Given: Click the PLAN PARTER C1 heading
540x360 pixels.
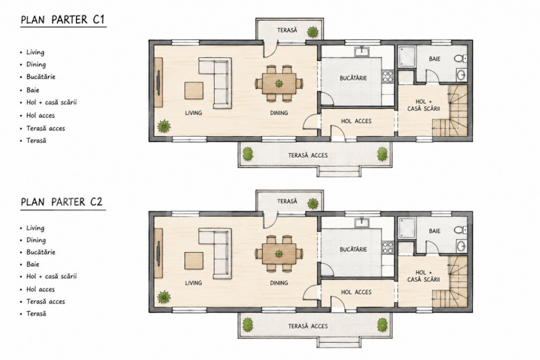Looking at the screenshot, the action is pos(63,20).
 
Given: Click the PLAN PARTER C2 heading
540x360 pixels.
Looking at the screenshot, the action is pos(62,202).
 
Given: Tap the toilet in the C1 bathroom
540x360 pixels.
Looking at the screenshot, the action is pos(460,59).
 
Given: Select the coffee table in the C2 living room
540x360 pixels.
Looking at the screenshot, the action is pos(194,261).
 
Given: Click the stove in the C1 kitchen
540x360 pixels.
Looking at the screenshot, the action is pos(388,76).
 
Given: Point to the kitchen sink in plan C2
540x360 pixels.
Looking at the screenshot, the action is pos(362,222).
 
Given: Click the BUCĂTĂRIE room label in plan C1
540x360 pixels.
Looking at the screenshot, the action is pos(353,78).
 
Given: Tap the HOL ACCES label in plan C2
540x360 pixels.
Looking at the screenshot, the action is pos(356,292).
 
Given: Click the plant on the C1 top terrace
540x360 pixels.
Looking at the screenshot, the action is pos(313,32).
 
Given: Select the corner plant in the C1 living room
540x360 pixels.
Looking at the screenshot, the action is pos(164,127).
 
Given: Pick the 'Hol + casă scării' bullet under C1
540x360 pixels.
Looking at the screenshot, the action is pos(52,103).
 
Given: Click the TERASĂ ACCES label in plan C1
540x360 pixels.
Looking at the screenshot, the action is pos(308,155).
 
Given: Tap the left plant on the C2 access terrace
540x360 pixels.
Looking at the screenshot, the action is pos(247,325).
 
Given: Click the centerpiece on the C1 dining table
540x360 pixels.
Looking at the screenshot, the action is pos(279,83).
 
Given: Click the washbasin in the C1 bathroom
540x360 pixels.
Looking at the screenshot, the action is pos(461,74).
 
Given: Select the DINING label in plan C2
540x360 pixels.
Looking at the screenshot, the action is pos(279,283).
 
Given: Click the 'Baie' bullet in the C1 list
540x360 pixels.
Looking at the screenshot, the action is pos(33,90).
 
